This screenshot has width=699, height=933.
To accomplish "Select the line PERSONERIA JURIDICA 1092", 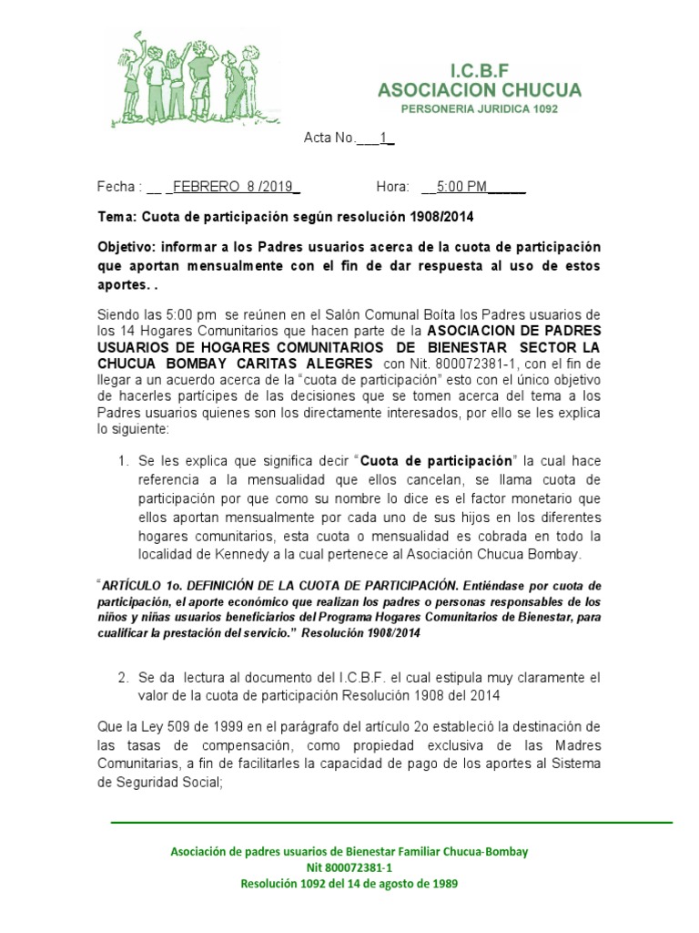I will [x=480, y=108].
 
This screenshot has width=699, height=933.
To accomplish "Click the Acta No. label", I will [x=329, y=138].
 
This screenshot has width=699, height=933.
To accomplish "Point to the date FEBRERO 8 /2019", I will [x=232, y=187].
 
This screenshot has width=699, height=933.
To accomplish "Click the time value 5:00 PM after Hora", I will [x=461, y=187].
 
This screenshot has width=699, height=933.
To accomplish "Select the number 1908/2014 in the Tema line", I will [x=442, y=218].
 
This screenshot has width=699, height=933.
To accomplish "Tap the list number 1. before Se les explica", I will [x=124, y=460].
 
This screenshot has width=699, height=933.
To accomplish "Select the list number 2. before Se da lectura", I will [x=124, y=678].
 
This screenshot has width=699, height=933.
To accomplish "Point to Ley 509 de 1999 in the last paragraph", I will [x=174, y=726].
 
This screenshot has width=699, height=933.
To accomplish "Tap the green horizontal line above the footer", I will [x=391, y=822].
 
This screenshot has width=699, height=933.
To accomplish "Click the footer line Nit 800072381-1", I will [x=349, y=867].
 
